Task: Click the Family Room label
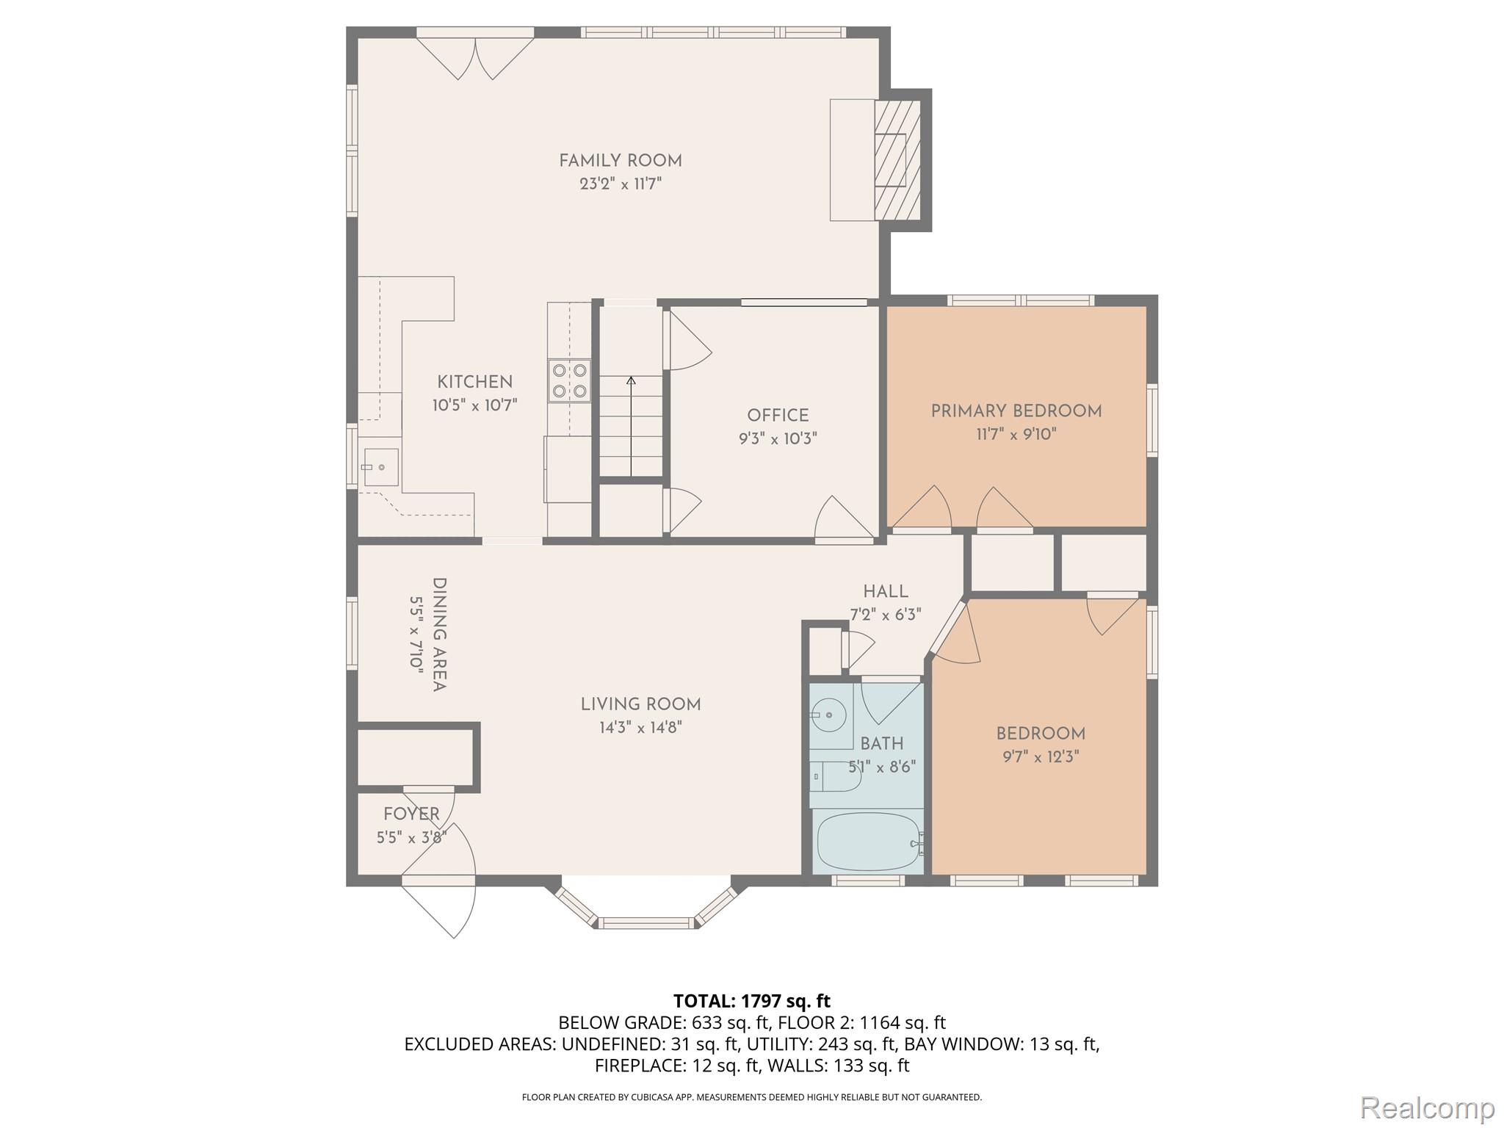point(620,161)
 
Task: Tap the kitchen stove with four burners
point(569,380)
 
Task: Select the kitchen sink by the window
point(380,467)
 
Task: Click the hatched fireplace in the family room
point(897,160)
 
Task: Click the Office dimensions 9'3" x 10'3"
point(778,439)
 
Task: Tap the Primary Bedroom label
point(1016,411)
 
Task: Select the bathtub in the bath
point(868,843)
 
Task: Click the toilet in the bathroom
point(837,777)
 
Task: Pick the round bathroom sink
point(830,714)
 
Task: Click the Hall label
point(885,591)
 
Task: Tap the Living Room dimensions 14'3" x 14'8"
point(640,728)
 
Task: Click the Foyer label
point(411,814)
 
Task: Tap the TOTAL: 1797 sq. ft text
point(751,1000)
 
